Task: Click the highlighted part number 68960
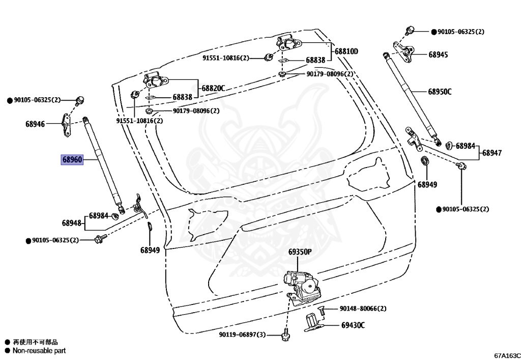coord(72,160)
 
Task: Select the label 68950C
coord(440,92)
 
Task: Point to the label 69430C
coord(353,324)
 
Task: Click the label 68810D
coord(346,51)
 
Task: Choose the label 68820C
coord(213,89)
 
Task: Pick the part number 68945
coord(438,54)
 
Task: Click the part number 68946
coord(35,124)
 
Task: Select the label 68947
coord(492,153)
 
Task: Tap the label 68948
coord(72,223)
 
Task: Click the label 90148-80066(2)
coord(363,309)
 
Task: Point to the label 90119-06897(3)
coord(243,335)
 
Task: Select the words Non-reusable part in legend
coord(39,350)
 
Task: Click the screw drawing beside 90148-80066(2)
coord(321,309)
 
